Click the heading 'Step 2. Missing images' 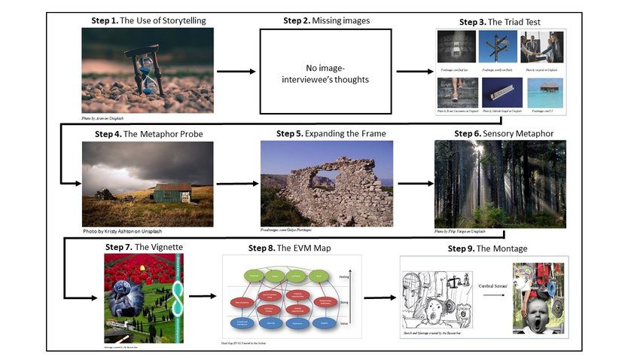326,21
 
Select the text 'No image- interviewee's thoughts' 326,72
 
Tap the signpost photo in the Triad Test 498,47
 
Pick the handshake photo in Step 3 541,47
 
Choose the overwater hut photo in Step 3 541,93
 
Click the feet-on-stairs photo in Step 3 456,93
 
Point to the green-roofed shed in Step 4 172,192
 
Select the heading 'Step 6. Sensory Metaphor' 503,133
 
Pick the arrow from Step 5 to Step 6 410,183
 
